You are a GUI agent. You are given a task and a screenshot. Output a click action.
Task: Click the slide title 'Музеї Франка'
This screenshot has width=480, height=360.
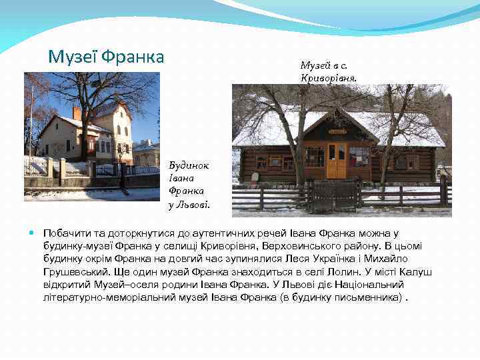(x=106, y=57)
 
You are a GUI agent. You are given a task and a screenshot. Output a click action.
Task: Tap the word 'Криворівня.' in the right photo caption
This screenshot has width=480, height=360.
(x=329, y=78)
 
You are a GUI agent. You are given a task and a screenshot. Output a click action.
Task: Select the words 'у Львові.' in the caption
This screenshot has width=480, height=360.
(x=189, y=204)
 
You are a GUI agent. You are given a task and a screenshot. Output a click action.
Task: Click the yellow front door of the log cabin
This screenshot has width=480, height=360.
(x=337, y=161)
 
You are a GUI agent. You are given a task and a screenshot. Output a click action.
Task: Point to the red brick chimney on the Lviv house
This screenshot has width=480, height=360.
(x=77, y=113)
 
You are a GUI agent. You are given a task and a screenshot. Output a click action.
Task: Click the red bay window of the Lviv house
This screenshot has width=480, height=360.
(x=91, y=143)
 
